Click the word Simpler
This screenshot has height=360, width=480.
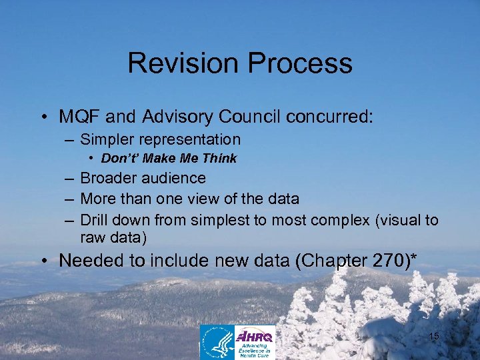click(103, 140)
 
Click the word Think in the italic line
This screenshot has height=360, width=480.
click(221, 159)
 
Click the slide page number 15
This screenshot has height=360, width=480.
click(433, 337)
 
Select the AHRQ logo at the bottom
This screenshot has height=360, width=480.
click(255, 342)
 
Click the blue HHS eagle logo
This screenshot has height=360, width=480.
click(218, 342)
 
